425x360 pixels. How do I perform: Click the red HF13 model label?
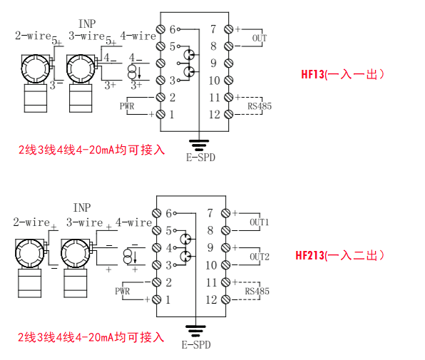pos(313,74)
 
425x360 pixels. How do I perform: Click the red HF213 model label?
pos(309,255)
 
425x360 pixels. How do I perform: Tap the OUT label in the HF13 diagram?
pos(260,38)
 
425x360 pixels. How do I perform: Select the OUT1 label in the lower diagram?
pos(259,222)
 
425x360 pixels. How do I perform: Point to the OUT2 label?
pos(260,257)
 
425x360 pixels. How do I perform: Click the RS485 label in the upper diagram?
pos(260,106)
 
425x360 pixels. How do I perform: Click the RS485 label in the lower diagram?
pos(257,291)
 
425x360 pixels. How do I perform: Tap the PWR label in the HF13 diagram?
pos(127,106)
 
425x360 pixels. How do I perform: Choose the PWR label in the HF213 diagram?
pos(122,291)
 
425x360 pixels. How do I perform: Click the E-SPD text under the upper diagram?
pos(200,158)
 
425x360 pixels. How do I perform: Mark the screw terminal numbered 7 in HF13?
pos(228,29)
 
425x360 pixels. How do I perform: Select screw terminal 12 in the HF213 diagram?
pos(225,299)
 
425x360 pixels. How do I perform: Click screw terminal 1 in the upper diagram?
pos(160,114)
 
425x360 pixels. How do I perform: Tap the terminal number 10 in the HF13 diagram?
pos(214,81)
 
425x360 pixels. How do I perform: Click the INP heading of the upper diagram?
pos(87,24)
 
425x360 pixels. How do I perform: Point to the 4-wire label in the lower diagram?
pos(133,222)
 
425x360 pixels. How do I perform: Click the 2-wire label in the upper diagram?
pos(33,36)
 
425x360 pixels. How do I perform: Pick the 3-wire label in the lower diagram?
pos(85,222)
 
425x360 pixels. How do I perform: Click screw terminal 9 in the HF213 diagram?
pos(225,247)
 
